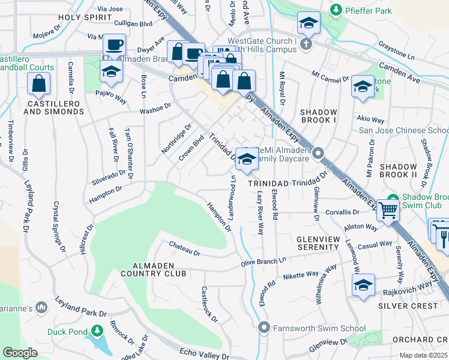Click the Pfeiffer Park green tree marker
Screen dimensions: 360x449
coord(336,10)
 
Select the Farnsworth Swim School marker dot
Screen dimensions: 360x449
coord(263,328)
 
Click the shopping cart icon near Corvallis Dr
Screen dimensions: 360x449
coord(388,211)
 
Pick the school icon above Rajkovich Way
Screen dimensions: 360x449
coord(363,285)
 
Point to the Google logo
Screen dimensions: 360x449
coord(20,352)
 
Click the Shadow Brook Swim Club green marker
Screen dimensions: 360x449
coord(393,199)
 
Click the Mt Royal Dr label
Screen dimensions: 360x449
coord(281,87)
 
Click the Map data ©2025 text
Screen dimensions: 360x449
coord(424,355)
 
